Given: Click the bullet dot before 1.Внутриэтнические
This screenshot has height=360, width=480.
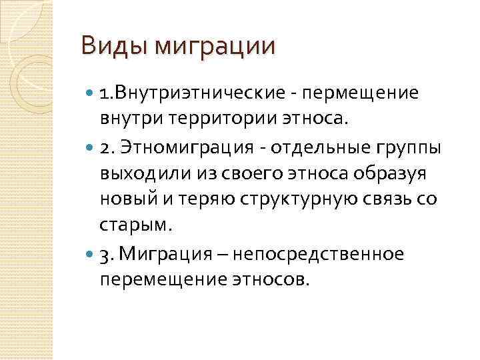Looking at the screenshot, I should coord(90,93).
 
